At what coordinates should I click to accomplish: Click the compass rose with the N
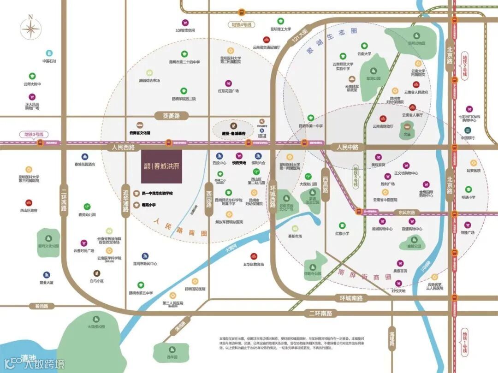tap(31, 30)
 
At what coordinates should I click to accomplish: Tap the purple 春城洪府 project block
tap(161, 166)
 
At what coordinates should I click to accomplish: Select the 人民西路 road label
tap(123, 148)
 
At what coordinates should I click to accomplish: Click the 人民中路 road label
tap(348, 147)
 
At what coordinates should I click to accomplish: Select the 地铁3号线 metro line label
tap(33, 135)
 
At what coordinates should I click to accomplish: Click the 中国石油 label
tap(49, 61)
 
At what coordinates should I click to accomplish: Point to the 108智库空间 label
tap(185, 30)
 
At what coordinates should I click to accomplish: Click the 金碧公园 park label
tap(414, 246)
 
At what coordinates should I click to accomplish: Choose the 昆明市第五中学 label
tap(141, 293)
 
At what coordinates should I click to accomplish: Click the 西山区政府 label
tap(29, 210)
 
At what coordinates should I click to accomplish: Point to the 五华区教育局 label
tap(254, 264)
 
